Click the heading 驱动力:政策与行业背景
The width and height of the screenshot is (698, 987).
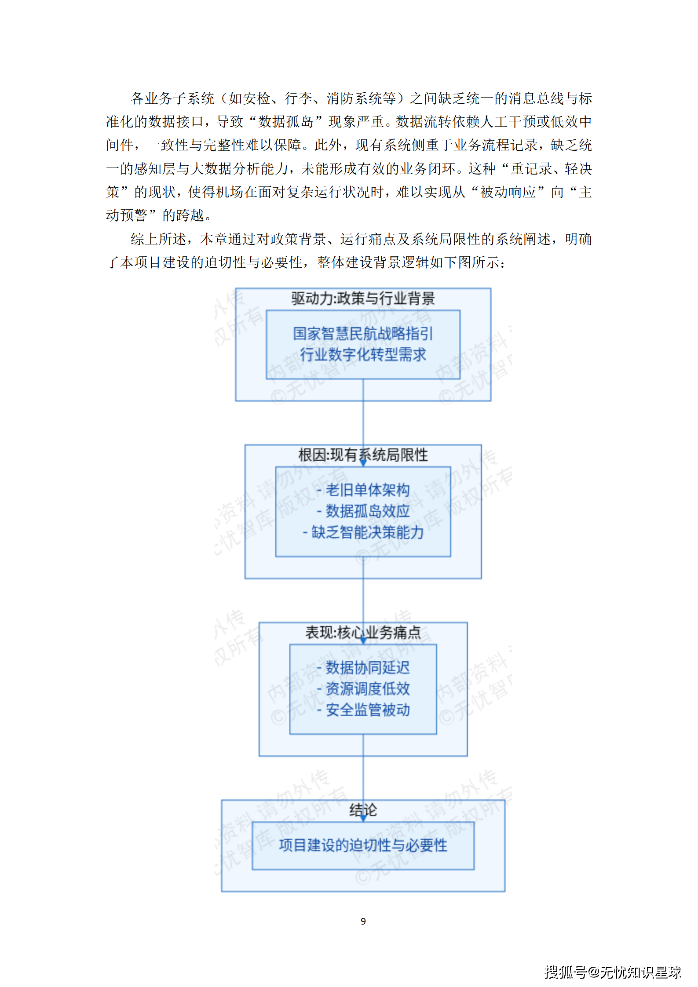[x=363, y=299]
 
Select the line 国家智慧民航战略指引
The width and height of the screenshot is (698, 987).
[x=363, y=333]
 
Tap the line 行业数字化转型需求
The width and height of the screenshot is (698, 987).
[x=363, y=354]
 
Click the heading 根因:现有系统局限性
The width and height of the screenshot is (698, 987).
[x=363, y=455]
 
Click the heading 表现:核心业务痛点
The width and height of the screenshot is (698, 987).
[x=363, y=632]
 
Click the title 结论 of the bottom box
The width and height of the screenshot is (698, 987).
[x=363, y=810]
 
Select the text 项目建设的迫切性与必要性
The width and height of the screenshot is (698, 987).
[x=363, y=845]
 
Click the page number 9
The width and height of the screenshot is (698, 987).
[x=363, y=921]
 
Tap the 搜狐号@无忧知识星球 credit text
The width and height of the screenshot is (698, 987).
[x=613, y=972]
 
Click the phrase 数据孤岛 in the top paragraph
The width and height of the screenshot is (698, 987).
[x=286, y=122]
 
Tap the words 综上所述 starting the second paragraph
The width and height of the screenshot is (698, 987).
[x=158, y=239]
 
